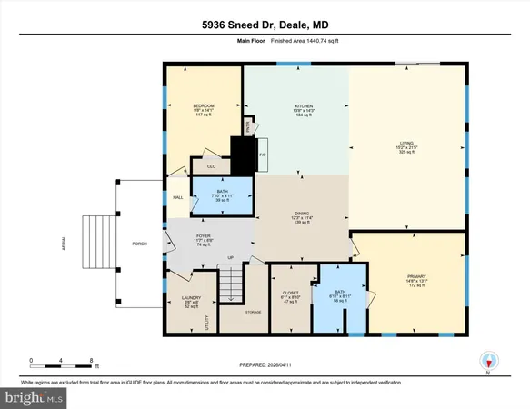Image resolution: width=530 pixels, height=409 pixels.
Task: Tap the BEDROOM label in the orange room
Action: tap(202, 106)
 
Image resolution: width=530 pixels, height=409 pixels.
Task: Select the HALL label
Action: tap(178, 197)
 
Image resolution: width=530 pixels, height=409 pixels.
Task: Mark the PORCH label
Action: tap(139, 243)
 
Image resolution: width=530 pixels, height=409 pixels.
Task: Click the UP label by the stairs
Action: tap(231, 258)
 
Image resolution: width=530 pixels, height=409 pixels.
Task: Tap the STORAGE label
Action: tap(253, 312)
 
